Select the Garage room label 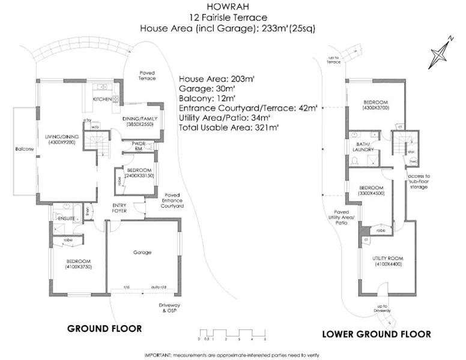click(142, 253)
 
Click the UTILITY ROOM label click(386, 259)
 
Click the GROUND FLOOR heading click(104, 329)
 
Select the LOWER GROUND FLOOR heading click(377, 334)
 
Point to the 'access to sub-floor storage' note click(419, 182)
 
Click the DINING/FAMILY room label click(139, 121)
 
